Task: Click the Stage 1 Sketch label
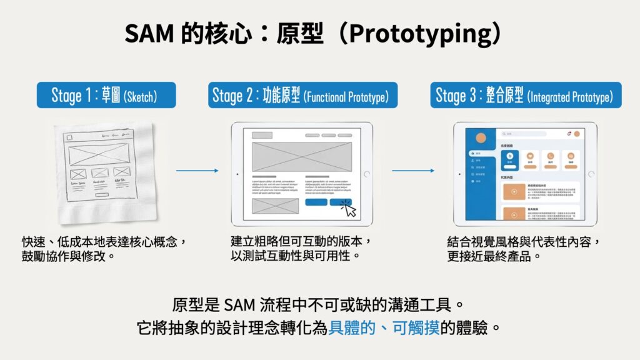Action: [x=104, y=96]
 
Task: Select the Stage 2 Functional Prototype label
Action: [x=301, y=96]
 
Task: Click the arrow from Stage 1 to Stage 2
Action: [x=197, y=170]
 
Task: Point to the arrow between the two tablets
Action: [x=412, y=170]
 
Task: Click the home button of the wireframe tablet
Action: [x=367, y=174]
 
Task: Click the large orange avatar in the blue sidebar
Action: [x=481, y=137]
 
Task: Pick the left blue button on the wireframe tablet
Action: [x=316, y=202]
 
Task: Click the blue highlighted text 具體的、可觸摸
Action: [x=384, y=327]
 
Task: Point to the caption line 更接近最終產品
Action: [x=494, y=255]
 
